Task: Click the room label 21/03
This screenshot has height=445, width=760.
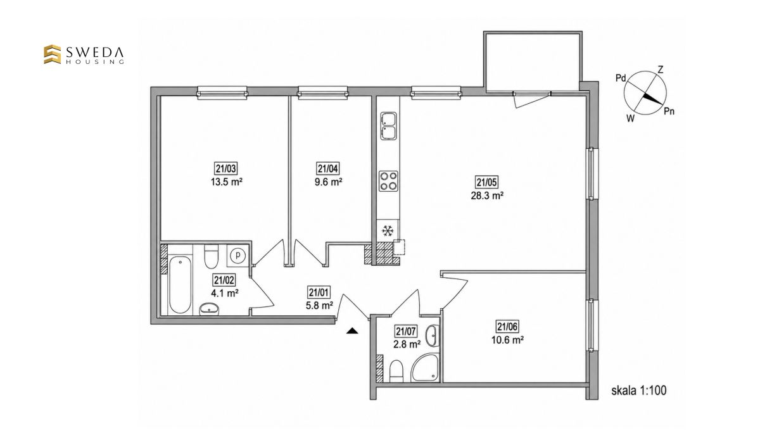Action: click(x=226, y=168)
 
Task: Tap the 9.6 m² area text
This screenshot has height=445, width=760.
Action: click(x=328, y=182)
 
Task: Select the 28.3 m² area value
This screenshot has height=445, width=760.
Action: click(x=487, y=196)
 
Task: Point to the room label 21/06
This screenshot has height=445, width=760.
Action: click(x=507, y=326)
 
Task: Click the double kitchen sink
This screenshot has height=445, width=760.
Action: click(x=388, y=126)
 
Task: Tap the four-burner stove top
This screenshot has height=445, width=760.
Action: click(x=388, y=181)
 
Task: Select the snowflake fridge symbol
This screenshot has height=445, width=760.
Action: click(x=388, y=231)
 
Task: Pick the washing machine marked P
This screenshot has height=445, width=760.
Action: click(x=238, y=254)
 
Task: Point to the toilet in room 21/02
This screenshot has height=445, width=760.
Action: click(x=211, y=256)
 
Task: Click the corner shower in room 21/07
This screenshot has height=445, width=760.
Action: click(x=425, y=368)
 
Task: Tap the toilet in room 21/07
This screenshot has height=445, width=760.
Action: click(x=396, y=371)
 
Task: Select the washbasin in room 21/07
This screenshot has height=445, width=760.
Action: click(x=432, y=335)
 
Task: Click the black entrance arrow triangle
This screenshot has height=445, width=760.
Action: click(x=352, y=331)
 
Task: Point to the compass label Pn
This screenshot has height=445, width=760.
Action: click(x=669, y=111)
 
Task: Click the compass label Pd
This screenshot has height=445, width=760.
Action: click(x=621, y=78)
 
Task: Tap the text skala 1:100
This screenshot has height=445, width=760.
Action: click(x=639, y=391)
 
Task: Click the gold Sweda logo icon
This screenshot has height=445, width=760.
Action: click(x=52, y=54)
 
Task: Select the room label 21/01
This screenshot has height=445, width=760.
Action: click(x=319, y=292)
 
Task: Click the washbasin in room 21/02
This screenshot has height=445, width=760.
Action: click(x=209, y=309)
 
